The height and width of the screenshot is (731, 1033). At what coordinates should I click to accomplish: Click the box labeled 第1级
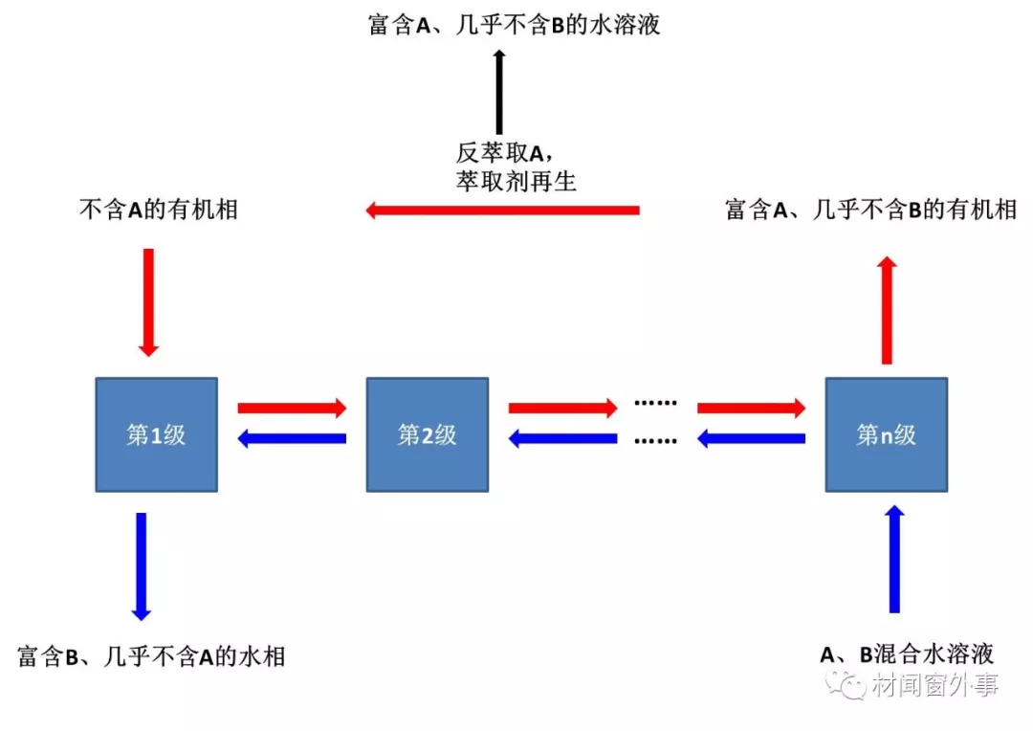155,434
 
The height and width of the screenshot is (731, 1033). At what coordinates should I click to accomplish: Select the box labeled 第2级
427,434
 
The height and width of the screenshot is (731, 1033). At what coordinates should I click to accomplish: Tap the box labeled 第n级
886,434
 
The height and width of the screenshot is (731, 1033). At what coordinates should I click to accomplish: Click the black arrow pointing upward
498,92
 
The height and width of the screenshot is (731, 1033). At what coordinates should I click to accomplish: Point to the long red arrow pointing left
502,210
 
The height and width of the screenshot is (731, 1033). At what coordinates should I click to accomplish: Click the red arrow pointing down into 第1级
147,301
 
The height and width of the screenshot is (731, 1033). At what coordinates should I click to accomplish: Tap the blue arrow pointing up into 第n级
894,560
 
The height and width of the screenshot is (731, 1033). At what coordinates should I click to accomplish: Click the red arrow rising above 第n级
887,310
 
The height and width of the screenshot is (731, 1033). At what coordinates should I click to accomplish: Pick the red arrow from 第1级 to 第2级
291,408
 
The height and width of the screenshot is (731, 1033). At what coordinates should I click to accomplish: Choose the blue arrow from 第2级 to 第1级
291,439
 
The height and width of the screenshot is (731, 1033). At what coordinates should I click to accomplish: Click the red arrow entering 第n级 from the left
751,408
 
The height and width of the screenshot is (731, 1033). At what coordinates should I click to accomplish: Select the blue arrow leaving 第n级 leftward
751,439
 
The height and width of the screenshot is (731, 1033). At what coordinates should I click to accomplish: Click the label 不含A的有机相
158,210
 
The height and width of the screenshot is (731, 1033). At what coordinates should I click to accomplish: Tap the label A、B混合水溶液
907,654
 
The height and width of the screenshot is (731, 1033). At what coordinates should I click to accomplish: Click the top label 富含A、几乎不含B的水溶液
514,24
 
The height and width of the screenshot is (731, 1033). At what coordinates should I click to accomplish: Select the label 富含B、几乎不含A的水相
151,656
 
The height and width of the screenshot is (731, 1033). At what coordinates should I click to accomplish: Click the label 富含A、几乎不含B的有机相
870,210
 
